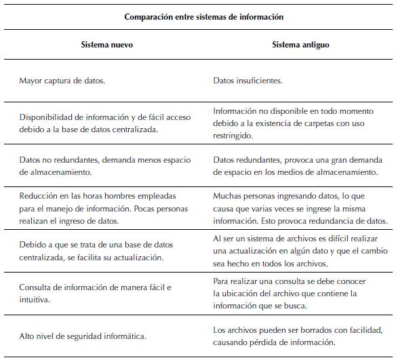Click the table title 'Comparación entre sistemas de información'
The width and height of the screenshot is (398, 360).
[x=203, y=16]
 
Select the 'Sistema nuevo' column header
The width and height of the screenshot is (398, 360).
[x=106, y=45]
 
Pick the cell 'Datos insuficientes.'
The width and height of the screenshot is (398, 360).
[x=247, y=81]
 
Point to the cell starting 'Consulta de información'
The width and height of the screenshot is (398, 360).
[x=95, y=293]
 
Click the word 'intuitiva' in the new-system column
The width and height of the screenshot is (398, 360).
[x=35, y=299]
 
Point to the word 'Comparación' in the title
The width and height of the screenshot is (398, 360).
[x=148, y=16]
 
